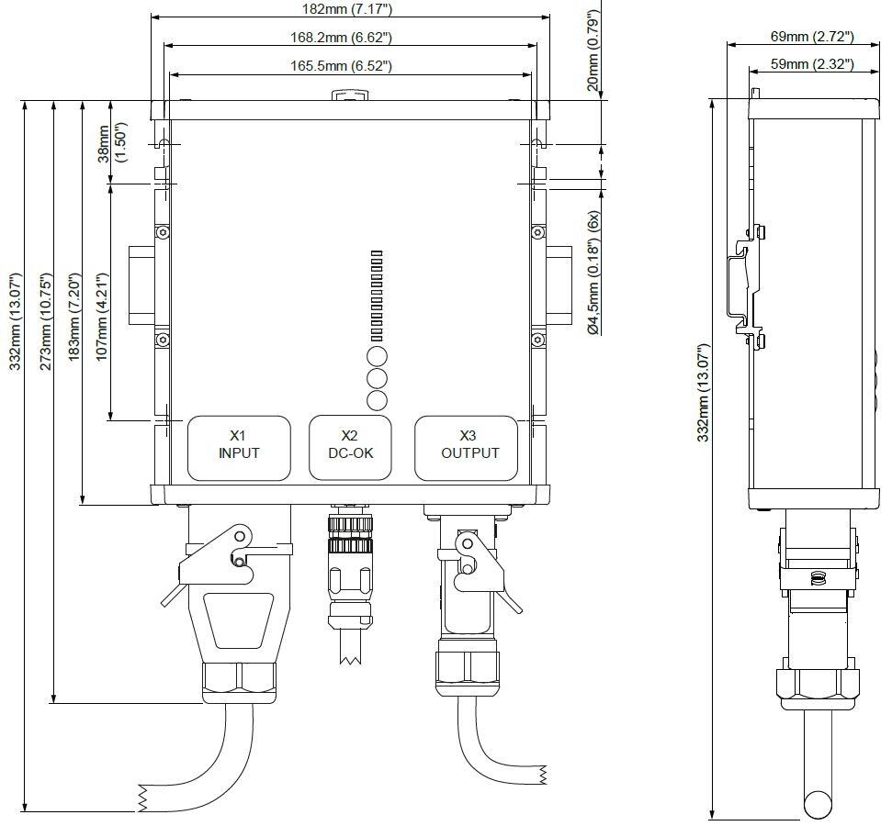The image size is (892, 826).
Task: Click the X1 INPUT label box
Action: coord(239,447)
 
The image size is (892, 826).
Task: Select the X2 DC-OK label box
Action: coord(349,447)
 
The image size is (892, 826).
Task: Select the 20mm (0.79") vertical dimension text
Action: coord(593,46)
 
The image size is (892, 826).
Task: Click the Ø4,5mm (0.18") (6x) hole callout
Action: coord(593,273)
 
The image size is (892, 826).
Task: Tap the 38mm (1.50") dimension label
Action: coord(111,144)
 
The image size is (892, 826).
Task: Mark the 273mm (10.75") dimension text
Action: coord(45,321)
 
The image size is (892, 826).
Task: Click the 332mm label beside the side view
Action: coord(704,395)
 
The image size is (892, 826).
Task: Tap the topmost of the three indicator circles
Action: coord(377,356)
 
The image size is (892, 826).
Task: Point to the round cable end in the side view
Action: coord(818,805)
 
